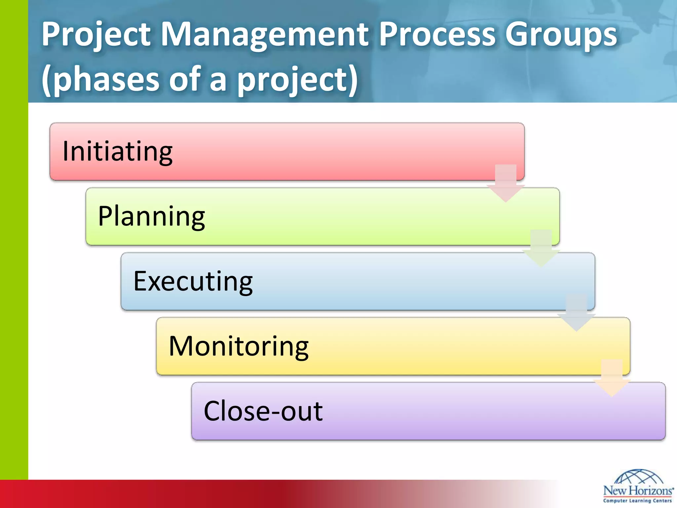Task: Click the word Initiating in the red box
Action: pos(117,151)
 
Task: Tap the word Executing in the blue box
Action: pos(193,281)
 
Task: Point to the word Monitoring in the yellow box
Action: pos(239,346)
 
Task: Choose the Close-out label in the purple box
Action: pos(263,411)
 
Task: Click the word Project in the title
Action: pos(96,35)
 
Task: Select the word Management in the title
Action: pos(264,35)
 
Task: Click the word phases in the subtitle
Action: pos(106,79)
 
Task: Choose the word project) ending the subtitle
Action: pos(298,79)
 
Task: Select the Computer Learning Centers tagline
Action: pos(638,501)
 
